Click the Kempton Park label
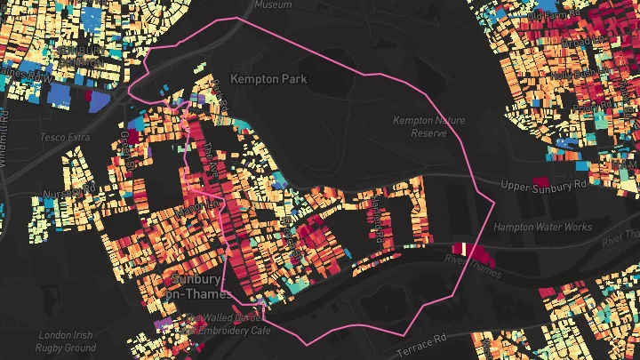[268, 79]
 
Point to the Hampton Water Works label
[542, 228]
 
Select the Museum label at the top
[272, 4]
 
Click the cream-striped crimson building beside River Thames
[463, 249]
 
